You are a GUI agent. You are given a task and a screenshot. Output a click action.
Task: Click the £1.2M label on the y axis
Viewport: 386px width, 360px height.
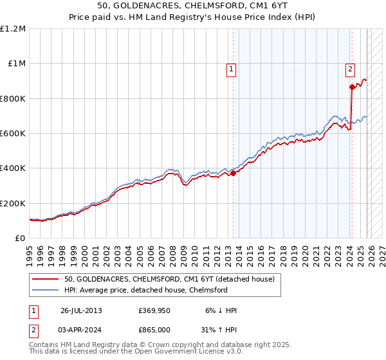click(13, 28)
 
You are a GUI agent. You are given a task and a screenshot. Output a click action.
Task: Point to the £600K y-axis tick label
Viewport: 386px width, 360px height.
click(13, 133)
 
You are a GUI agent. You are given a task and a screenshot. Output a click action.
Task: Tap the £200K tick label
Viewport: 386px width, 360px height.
click(13, 203)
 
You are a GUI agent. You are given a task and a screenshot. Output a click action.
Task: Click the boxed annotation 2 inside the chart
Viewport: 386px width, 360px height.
click(350, 70)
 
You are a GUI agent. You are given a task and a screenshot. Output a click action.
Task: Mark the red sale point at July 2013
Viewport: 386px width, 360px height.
click(234, 174)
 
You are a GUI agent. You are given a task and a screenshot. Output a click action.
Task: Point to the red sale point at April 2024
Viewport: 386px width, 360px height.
click(352, 87)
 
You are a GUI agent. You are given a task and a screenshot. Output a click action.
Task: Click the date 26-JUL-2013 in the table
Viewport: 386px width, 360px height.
click(80, 310)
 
